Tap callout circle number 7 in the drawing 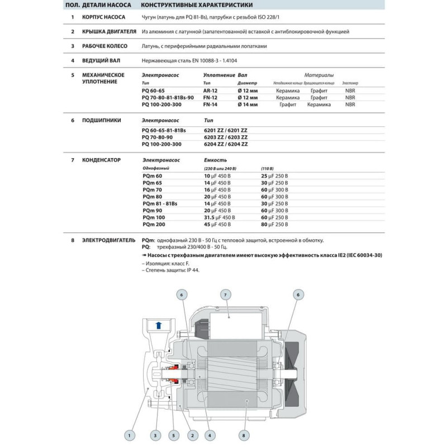(225, 294)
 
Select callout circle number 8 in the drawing (242, 434)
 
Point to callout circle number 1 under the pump (129, 434)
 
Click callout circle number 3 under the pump (155, 434)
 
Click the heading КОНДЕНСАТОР (102, 160)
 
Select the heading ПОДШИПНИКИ (101, 120)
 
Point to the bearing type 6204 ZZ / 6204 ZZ (226, 144)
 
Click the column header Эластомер (350, 83)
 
